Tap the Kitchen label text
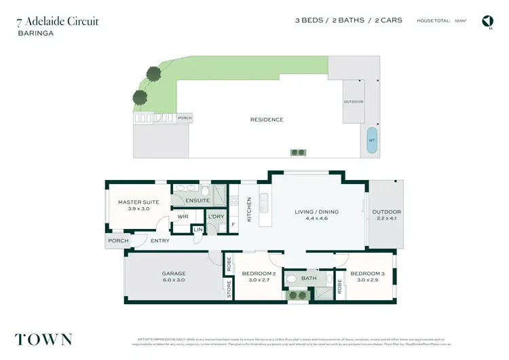pyautogui.click(x=249, y=209)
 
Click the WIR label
pyautogui.click(x=183, y=217)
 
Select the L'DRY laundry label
pyautogui.click(x=216, y=217)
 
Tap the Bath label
pyautogui.click(x=309, y=278)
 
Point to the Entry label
pyautogui.click(x=161, y=240)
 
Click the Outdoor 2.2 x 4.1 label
pyautogui.click(x=386, y=215)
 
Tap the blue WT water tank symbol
pyautogui.click(x=371, y=140)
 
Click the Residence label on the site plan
pyautogui.click(x=267, y=120)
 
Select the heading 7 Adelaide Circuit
pyautogui.click(x=58, y=21)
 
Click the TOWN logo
pyautogui.click(x=43, y=339)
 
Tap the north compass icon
pyautogui.click(x=487, y=21)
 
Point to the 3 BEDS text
pyautogui.click(x=308, y=20)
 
